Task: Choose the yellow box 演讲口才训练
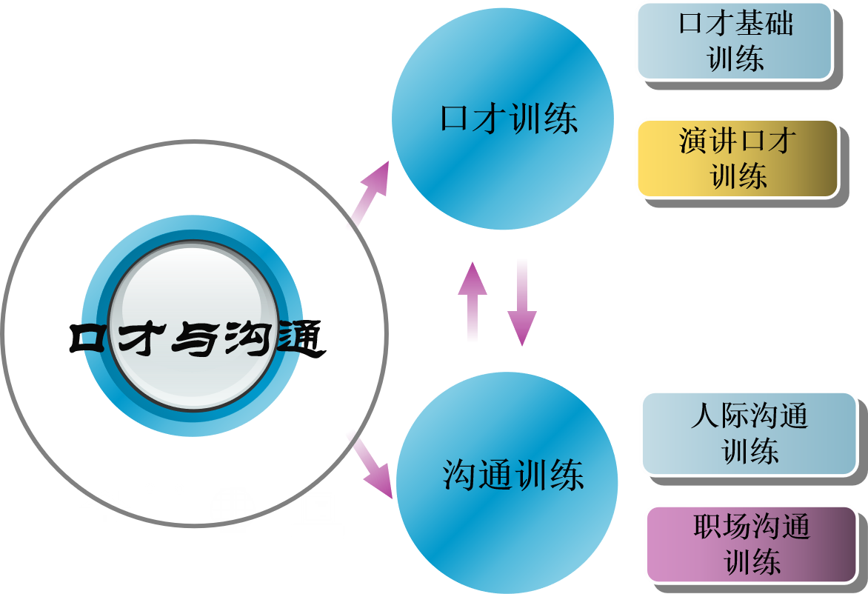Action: (x=738, y=158)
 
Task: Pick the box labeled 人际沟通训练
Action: (x=749, y=433)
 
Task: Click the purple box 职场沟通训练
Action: (x=751, y=544)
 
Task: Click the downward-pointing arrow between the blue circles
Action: (x=522, y=307)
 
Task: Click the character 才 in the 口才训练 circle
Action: (x=490, y=119)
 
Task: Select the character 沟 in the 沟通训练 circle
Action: (x=459, y=475)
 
